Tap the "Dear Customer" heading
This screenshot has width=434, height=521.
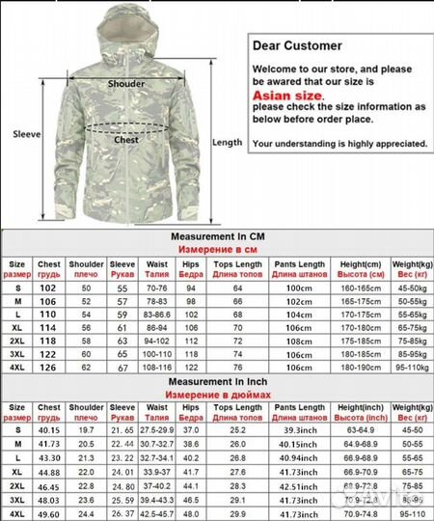coord(297,45)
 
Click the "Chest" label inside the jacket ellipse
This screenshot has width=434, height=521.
coord(127,139)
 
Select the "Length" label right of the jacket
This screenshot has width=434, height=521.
coord(227,142)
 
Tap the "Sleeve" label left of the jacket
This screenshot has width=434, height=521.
coord(26,134)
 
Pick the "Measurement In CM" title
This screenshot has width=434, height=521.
coord(215,235)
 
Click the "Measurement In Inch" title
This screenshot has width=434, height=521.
coord(215,382)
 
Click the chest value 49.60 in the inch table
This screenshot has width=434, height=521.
coord(48,515)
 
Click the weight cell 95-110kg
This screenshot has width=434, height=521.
coord(407,368)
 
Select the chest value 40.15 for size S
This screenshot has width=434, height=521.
coord(48,428)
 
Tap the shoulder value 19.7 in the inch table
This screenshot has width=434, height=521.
coord(85,428)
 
